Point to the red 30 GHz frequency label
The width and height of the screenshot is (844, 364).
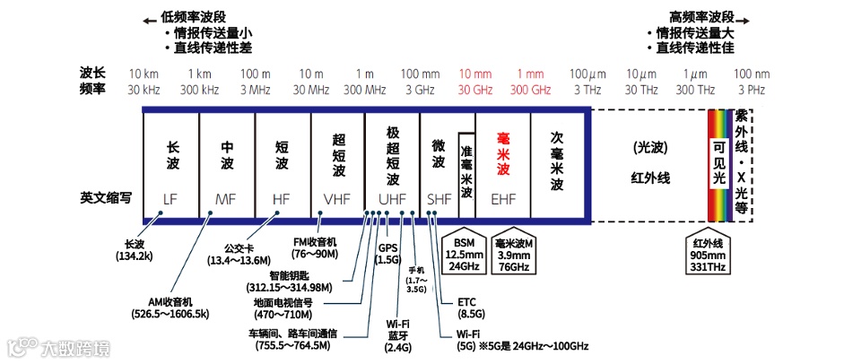point(475,90)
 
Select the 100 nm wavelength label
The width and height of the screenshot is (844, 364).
point(752,74)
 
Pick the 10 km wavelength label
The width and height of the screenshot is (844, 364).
point(144,74)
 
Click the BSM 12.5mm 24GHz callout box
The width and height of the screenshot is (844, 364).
point(466,254)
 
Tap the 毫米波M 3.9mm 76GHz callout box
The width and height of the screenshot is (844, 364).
point(513,254)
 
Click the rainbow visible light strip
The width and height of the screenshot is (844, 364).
point(719,164)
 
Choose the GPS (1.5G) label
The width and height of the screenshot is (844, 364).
point(387,254)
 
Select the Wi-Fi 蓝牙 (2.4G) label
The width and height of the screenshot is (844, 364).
point(397,335)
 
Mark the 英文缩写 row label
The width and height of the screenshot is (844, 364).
point(104,197)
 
